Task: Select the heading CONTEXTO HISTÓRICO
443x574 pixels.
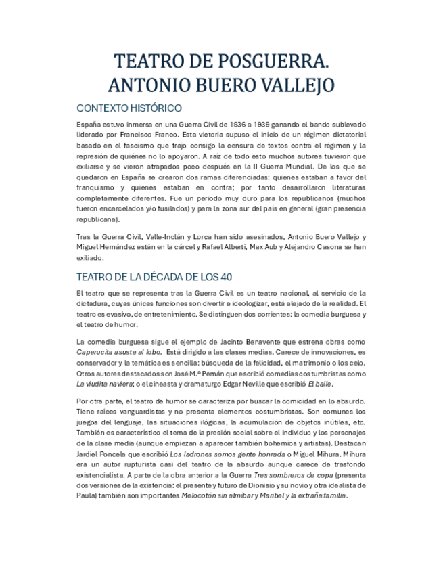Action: pos(129,108)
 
